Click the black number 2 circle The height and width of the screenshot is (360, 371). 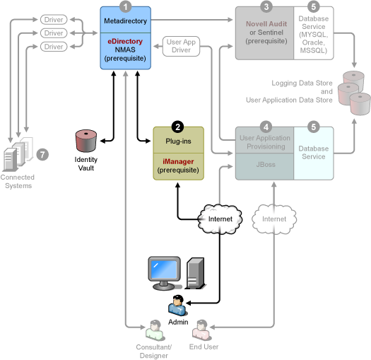pyautogui.click(x=177, y=127)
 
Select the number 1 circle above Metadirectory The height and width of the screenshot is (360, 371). pyautogui.click(x=125, y=6)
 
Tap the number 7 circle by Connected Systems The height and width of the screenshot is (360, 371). pyautogui.click(x=42, y=155)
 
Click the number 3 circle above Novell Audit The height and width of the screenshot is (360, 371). pyautogui.click(x=266, y=6)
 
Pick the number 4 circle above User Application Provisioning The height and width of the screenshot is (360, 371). pyautogui.click(x=266, y=127)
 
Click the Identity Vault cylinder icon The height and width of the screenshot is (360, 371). pyautogui.click(x=86, y=141)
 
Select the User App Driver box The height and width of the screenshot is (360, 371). pyautogui.click(x=181, y=46)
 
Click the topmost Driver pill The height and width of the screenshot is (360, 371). pyautogui.click(x=54, y=19)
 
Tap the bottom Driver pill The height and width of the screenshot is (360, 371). pyautogui.click(x=54, y=47)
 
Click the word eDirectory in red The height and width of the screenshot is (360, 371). pyautogui.click(x=125, y=41)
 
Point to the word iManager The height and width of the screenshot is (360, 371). pyautogui.click(x=178, y=161)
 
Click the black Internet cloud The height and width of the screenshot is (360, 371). pyautogui.click(x=220, y=219)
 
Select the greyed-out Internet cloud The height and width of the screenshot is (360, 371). pyautogui.click(x=274, y=219)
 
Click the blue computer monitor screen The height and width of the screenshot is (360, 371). pyautogui.click(x=164, y=269)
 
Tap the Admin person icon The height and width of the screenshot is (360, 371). pyautogui.click(x=177, y=306)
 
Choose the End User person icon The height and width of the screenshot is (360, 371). pyautogui.click(x=201, y=330)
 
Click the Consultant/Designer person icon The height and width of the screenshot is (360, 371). pyautogui.click(x=155, y=330)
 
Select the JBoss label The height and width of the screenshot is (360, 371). pyautogui.click(x=266, y=164)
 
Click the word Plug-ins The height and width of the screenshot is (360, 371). pyautogui.click(x=178, y=141)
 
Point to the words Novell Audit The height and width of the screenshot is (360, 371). pyautogui.click(x=266, y=23)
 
